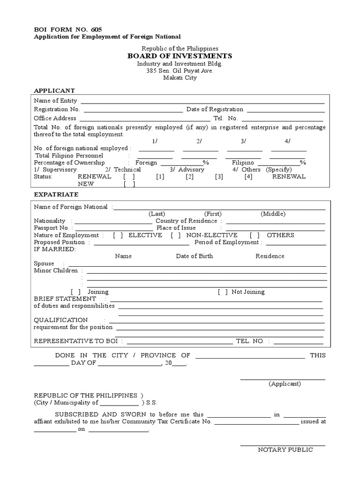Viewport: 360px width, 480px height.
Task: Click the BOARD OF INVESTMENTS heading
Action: coord(180,56)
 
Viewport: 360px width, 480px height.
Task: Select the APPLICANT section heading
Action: coord(54,90)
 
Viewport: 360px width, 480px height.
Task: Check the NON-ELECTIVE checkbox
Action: coord(176,235)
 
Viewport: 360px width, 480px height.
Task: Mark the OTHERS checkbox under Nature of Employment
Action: coord(255,235)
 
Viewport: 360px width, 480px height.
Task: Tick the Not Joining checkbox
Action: coord(223,292)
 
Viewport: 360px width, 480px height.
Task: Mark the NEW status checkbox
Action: coord(129,184)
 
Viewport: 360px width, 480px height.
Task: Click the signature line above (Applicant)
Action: coord(283,378)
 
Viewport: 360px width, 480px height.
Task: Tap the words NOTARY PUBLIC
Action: coord(285,450)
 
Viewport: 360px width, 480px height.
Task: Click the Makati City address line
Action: coord(180,78)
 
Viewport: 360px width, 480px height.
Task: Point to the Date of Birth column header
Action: coord(194,256)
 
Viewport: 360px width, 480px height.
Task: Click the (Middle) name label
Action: coord(273,214)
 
